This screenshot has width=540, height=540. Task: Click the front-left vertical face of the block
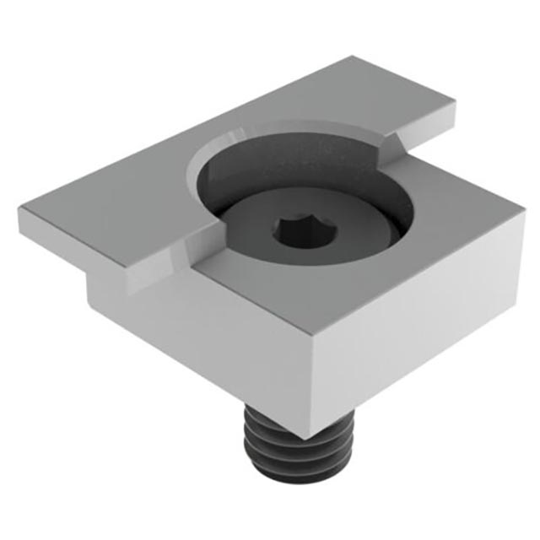(x=202, y=337)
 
